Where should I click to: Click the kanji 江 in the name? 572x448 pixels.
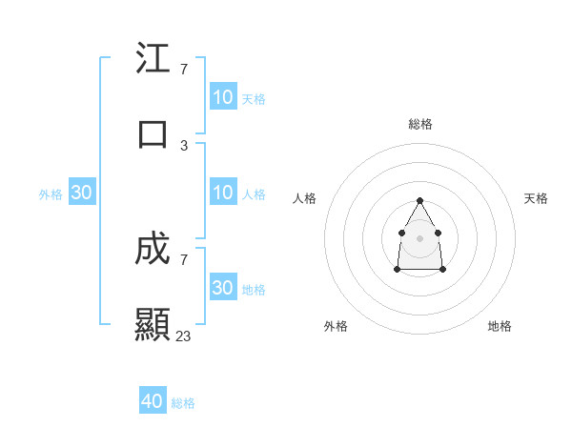[153, 59]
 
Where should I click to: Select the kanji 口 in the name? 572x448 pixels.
[153, 134]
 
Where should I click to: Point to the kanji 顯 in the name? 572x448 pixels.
[153, 325]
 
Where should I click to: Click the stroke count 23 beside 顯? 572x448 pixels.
[184, 336]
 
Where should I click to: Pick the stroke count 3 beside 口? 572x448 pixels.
[184, 145]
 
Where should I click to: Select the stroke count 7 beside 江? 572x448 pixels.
[184, 70]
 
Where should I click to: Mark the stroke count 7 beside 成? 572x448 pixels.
[184, 259]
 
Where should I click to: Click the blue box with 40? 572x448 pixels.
[153, 401]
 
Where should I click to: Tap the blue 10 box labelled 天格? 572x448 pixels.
[223, 97]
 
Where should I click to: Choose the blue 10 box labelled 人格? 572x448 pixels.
[223, 193]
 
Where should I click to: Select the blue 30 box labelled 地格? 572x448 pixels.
[223, 288]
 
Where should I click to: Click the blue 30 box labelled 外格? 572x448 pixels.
[82, 193]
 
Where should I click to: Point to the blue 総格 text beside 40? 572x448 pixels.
[183, 403]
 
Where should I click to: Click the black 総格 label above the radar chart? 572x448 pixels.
[420, 124]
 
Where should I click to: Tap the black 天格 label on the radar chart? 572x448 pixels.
[536, 198]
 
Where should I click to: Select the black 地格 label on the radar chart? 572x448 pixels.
[500, 326]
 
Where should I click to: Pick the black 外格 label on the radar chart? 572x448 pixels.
[336, 326]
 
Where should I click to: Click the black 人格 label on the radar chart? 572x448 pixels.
[305, 198]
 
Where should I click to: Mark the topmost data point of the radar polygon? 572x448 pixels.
[419, 200]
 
